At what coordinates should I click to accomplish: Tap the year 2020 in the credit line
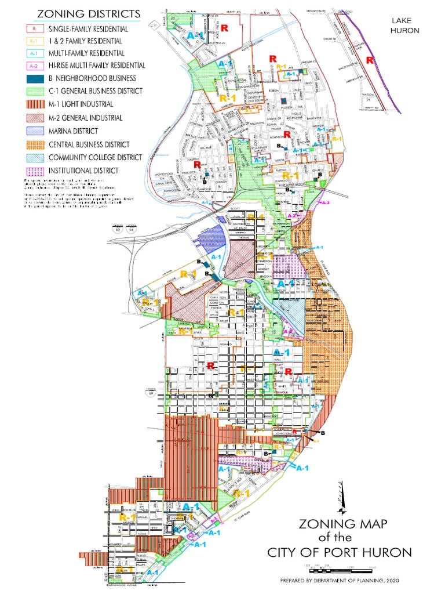tap(390, 579)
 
